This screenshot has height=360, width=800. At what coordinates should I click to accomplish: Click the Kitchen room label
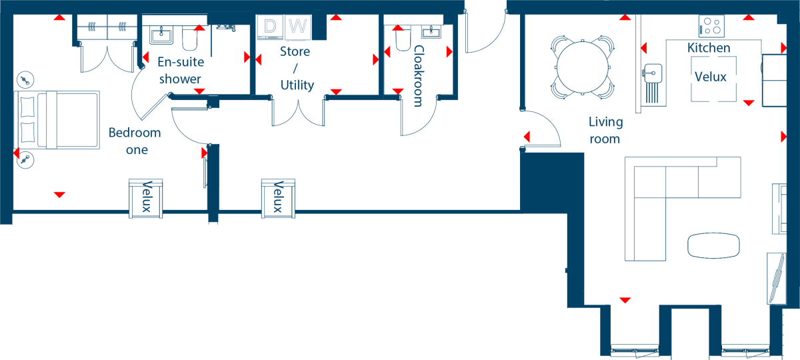[709, 48]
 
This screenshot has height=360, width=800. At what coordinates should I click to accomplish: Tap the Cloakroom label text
[419, 76]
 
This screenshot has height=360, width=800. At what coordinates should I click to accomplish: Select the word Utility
[297, 85]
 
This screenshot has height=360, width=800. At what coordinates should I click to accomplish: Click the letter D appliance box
[271, 27]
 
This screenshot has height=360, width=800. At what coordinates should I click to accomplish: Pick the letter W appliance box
[298, 27]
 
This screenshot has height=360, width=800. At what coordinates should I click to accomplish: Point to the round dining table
[583, 67]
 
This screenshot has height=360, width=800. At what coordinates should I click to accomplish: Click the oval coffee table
[713, 245]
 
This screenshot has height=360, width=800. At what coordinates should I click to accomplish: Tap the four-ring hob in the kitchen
[711, 26]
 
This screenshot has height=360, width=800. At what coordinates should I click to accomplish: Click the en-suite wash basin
[161, 35]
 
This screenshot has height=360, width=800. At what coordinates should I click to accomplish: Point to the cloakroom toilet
[403, 39]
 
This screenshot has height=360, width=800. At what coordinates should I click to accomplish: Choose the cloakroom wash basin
[431, 31]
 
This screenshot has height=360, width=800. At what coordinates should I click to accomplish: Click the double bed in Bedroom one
[57, 119]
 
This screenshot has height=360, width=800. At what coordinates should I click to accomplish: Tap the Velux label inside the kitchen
[711, 77]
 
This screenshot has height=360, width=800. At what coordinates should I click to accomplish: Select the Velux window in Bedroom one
[146, 198]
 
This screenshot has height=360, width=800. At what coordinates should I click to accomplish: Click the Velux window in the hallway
[278, 198]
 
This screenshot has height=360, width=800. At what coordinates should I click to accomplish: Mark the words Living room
[605, 131]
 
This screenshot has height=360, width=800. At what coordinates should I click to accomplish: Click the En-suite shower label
[181, 71]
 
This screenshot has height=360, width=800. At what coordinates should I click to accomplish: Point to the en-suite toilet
[189, 38]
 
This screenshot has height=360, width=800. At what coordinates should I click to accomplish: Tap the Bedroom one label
[135, 141]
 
